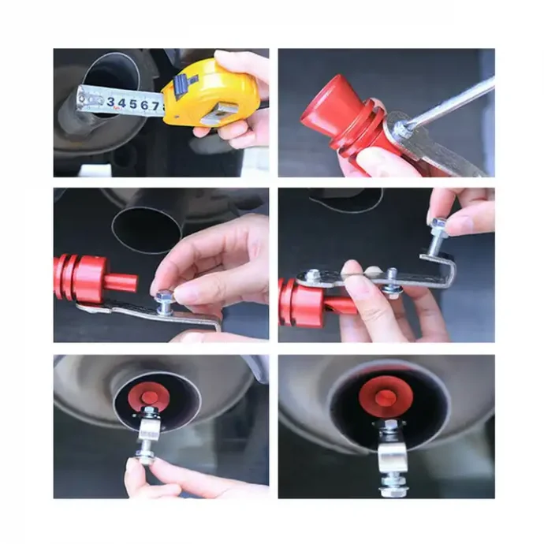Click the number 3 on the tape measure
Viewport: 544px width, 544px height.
(111, 102)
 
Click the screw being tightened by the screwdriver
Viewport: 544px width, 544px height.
(401, 131)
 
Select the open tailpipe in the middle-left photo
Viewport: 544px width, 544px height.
(147, 230)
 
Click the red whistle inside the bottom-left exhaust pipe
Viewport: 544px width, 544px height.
(148, 397)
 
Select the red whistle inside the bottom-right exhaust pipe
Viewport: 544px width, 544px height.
(386, 396)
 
